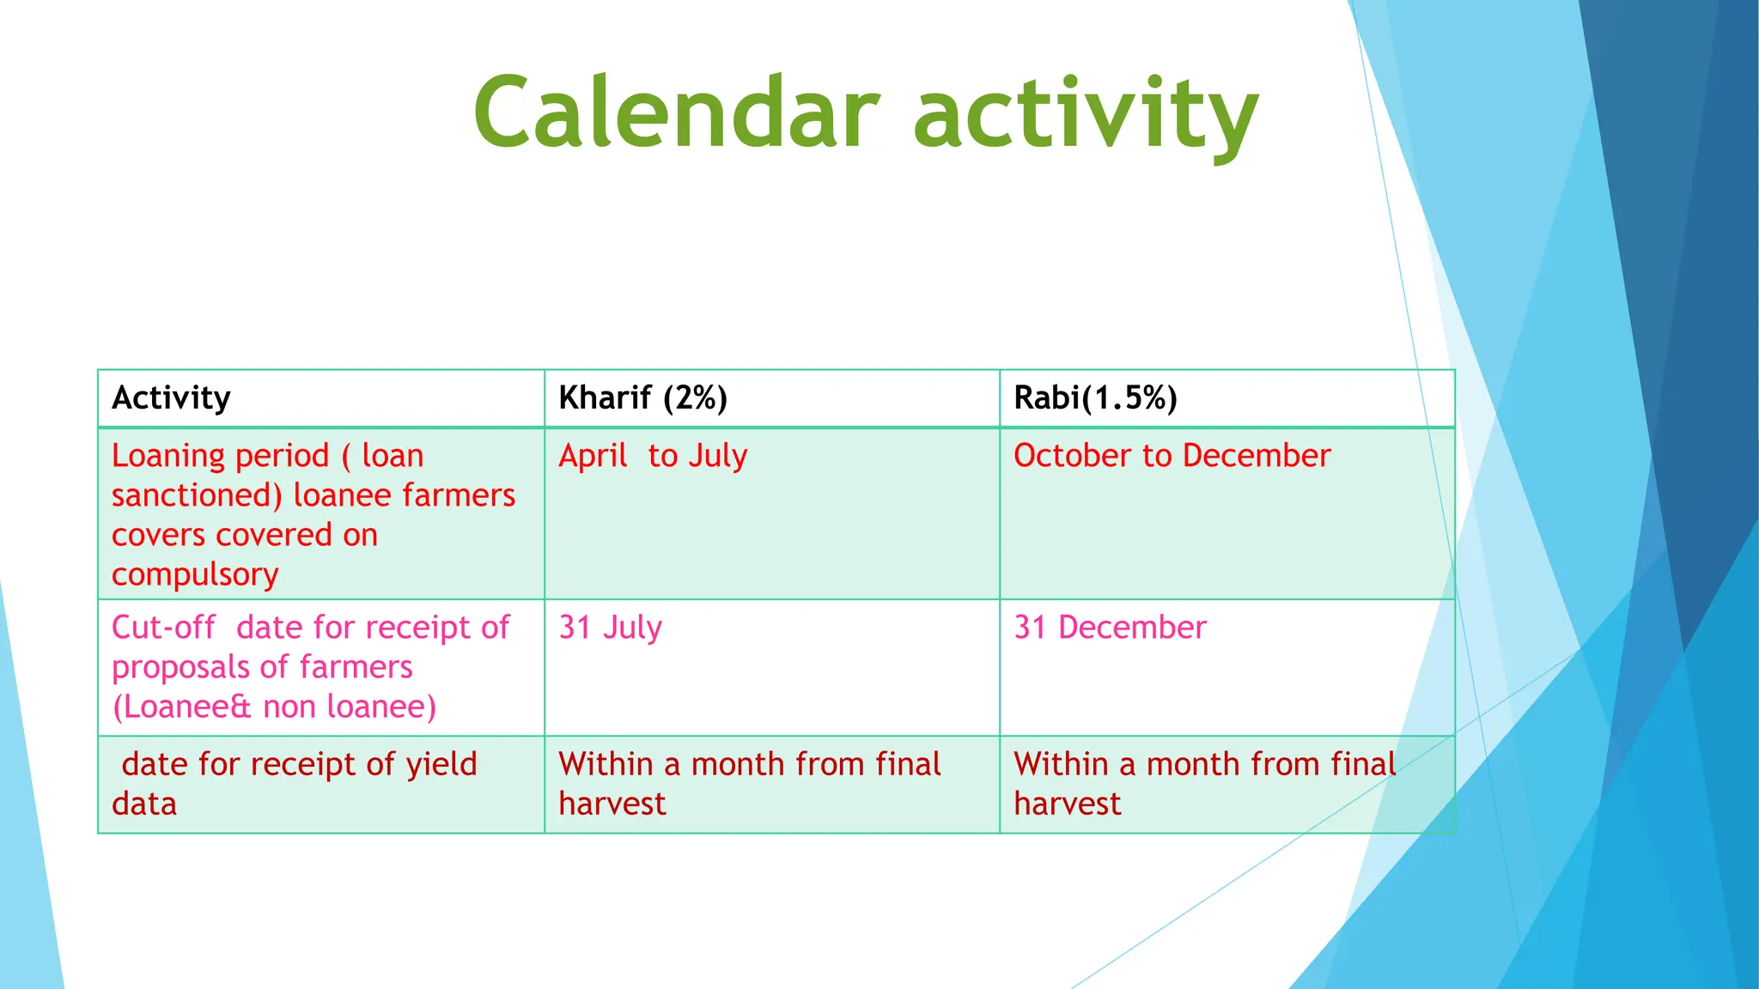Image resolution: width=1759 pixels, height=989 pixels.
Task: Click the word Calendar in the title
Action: pyautogui.click(x=677, y=113)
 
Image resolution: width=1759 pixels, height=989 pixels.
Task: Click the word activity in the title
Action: pyautogui.click(x=1086, y=116)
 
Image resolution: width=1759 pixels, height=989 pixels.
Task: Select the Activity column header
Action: pyautogui.click(x=171, y=398)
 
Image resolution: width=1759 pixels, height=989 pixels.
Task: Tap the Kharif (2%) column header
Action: pyautogui.click(x=642, y=398)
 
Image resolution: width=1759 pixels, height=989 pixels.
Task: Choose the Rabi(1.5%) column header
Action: pyautogui.click(x=1095, y=398)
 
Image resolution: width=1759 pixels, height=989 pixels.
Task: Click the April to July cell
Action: pyautogui.click(x=653, y=456)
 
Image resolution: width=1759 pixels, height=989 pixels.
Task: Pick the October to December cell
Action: pyautogui.click(x=1172, y=456)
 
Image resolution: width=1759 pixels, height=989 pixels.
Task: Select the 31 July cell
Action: pyautogui.click(x=610, y=628)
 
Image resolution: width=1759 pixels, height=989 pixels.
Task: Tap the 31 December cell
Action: pyautogui.click(x=1110, y=628)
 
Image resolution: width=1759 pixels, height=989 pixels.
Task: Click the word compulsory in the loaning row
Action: pyautogui.click(x=195, y=575)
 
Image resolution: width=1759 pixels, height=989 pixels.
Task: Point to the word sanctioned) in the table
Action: pyautogui.click(x=197, y=496)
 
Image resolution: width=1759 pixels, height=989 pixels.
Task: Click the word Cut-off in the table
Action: pyautogui.click(x=163, y=628)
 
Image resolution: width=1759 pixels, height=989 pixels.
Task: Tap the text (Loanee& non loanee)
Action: pyautogui.click(x=274, y=707)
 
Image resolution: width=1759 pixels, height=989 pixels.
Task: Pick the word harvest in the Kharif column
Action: pyautogui.click(x=612, y=804)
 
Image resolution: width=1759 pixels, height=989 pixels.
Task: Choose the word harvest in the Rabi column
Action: pyautogui.click(x=1067, y=804)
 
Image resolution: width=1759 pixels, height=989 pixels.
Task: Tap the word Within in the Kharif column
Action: pyautogui.click(x=606, y=764)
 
